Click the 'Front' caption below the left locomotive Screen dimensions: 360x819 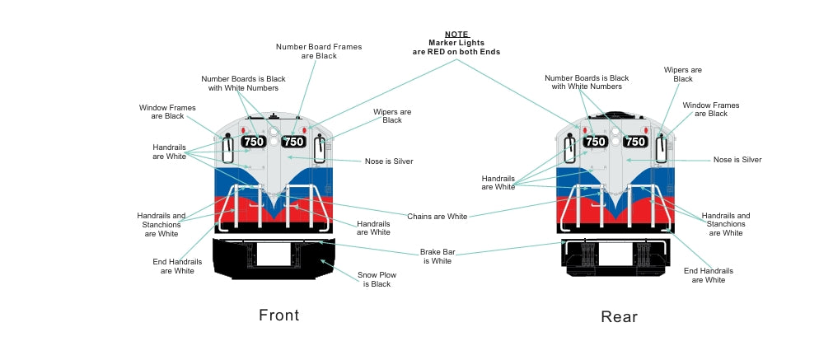pyautogui.click(x=278, y=315)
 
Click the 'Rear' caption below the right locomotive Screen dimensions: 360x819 pyautogui.click(x=619, y=317)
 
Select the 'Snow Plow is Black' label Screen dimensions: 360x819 pyautogui.click(x=374, y=279)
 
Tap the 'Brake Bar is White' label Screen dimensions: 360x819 pyautogui.click(x=437, y=256)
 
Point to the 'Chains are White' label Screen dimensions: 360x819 pyautogui.click(x=437, y=217)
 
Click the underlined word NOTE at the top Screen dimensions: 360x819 pyautogui.click(x=456, y=35)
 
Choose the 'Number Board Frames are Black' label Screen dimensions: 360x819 pyautogui.click(x=318, y=51)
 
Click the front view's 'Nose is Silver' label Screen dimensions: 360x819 pyautogui.click(x=389, y=161)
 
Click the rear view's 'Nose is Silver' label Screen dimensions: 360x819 pyautogui.click(x=737, y=160)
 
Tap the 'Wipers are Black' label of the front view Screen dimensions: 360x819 pyautogui.click(x=392, y=116)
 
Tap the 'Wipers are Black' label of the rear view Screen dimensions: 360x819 pyautogui.click(x=682, y=74)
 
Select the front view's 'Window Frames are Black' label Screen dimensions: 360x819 pyautogui.click(x=161, y=112)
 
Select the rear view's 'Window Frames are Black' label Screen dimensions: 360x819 pyautogui.click(x=710, y=110)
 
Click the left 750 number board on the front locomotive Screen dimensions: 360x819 pyautogui.click(x=254, y=142)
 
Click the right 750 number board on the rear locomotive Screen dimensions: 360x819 pyautogui.click(x=634, y=142)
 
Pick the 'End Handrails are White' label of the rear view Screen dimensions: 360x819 pyautogui.click(x=708, y=275)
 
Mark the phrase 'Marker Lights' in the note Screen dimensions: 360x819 pyautogui.click(x=456, y=43)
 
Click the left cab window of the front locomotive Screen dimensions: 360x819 pyautogui.click(x=227, y=148)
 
